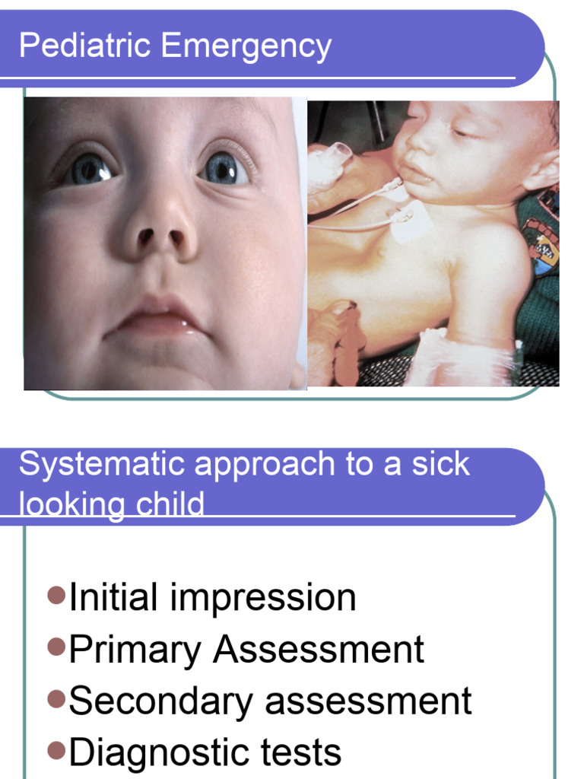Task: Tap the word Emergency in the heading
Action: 246,47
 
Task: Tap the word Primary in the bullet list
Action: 135,650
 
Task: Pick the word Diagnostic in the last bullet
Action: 151,753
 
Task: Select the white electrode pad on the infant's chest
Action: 410,222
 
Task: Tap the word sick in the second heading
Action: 442,464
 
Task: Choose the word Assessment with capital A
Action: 319,650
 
